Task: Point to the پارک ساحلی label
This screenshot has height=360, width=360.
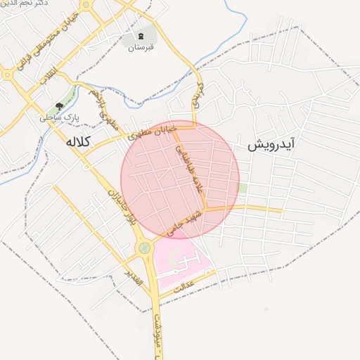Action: point(57,117)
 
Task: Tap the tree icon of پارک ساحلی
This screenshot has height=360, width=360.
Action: point(59,105)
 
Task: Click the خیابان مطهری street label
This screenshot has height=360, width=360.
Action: point(146,131)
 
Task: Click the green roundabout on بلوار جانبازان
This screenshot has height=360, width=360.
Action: point(145,247)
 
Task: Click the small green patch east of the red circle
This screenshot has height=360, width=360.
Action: point(243,188)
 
